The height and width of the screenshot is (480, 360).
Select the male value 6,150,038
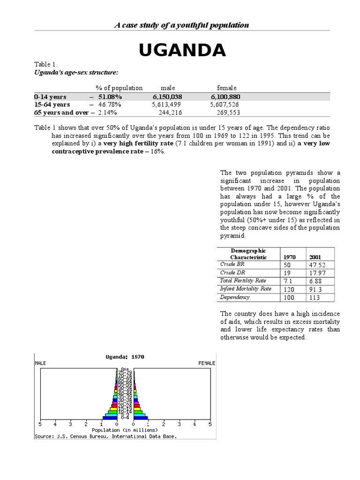click(x=167, y=97)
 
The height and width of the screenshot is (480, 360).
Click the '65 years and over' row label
click(x=61, y=112)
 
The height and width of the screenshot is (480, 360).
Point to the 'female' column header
click(x=227, y=88)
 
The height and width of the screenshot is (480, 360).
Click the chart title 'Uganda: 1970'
click(x=125, y=356)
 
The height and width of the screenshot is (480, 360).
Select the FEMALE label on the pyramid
click(x=206, y=363)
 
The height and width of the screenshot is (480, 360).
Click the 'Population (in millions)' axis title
click(x=125, y=430)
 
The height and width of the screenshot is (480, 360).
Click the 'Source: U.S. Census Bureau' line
click(x=106, y=436)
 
